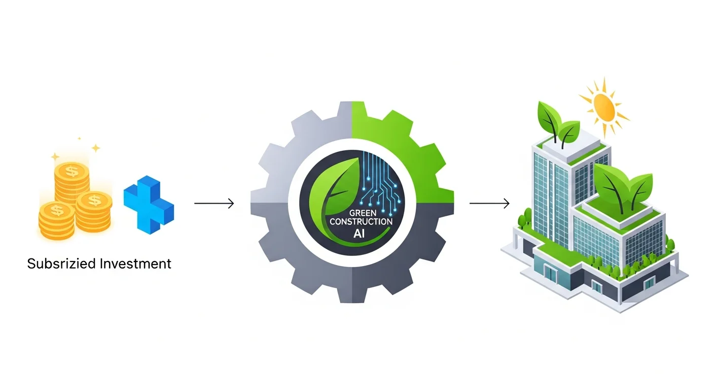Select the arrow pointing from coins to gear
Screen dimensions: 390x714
pyautogui.click(x=214, y=204)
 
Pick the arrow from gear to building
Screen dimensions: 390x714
pyautogui.click(x=489, y=204)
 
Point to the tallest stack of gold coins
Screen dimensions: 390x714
pyautogui.click(x=72, y=180)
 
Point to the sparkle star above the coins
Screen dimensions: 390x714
pyautogui.click(x=95, y=148)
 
